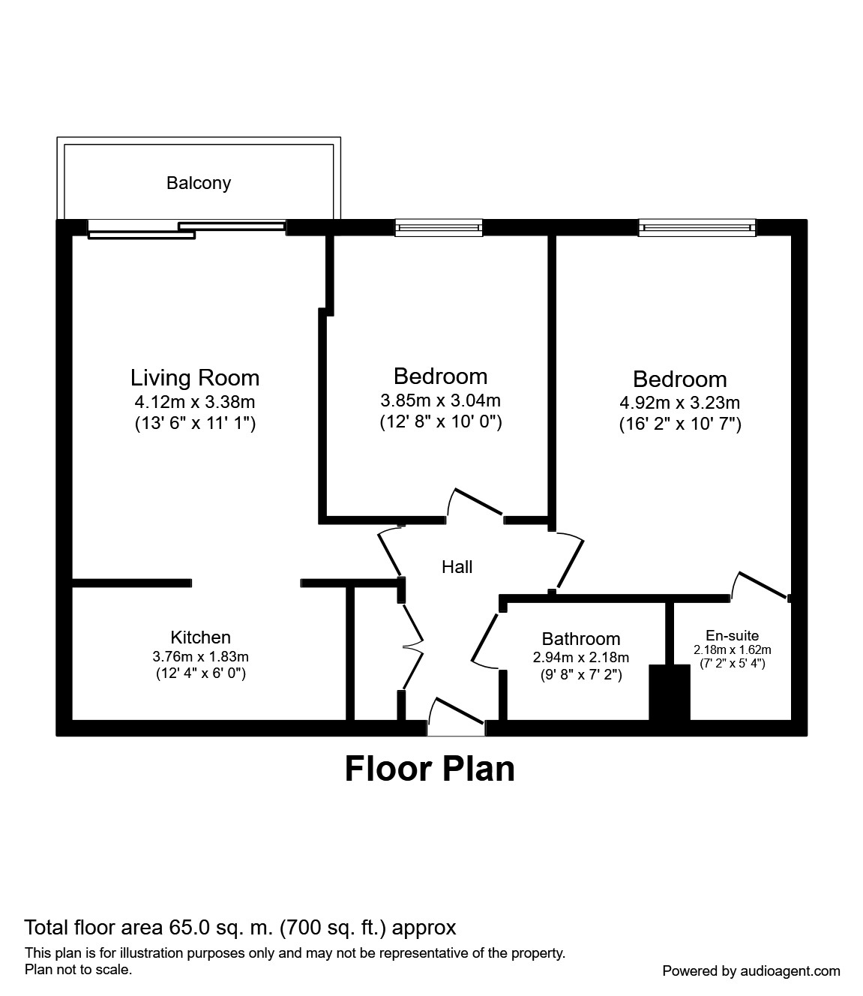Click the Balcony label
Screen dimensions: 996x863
[199, 183]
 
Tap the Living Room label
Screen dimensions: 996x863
[195, 377]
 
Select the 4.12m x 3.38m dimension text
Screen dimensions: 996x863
[195, 402]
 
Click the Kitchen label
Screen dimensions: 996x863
[200, 637]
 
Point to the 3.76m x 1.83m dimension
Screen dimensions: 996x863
[200, 656]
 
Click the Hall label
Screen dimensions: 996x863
[457, 567]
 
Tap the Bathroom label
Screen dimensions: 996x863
[581, 639]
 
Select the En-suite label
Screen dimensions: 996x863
[732, 635]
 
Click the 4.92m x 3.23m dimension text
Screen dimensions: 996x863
[679, 403]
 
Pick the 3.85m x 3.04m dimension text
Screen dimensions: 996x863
[440, 400]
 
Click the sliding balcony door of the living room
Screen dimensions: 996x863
[187, 229]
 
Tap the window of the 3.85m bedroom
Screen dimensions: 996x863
[439, 227]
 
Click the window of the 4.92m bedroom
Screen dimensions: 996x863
[697, 227]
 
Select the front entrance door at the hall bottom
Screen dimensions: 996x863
[456, 716]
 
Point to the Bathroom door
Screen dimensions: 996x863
[484, 639]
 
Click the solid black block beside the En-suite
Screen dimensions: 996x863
[669, 692]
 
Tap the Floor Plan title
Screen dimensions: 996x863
[430, 769]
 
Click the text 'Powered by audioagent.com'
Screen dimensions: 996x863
[751, 970]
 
